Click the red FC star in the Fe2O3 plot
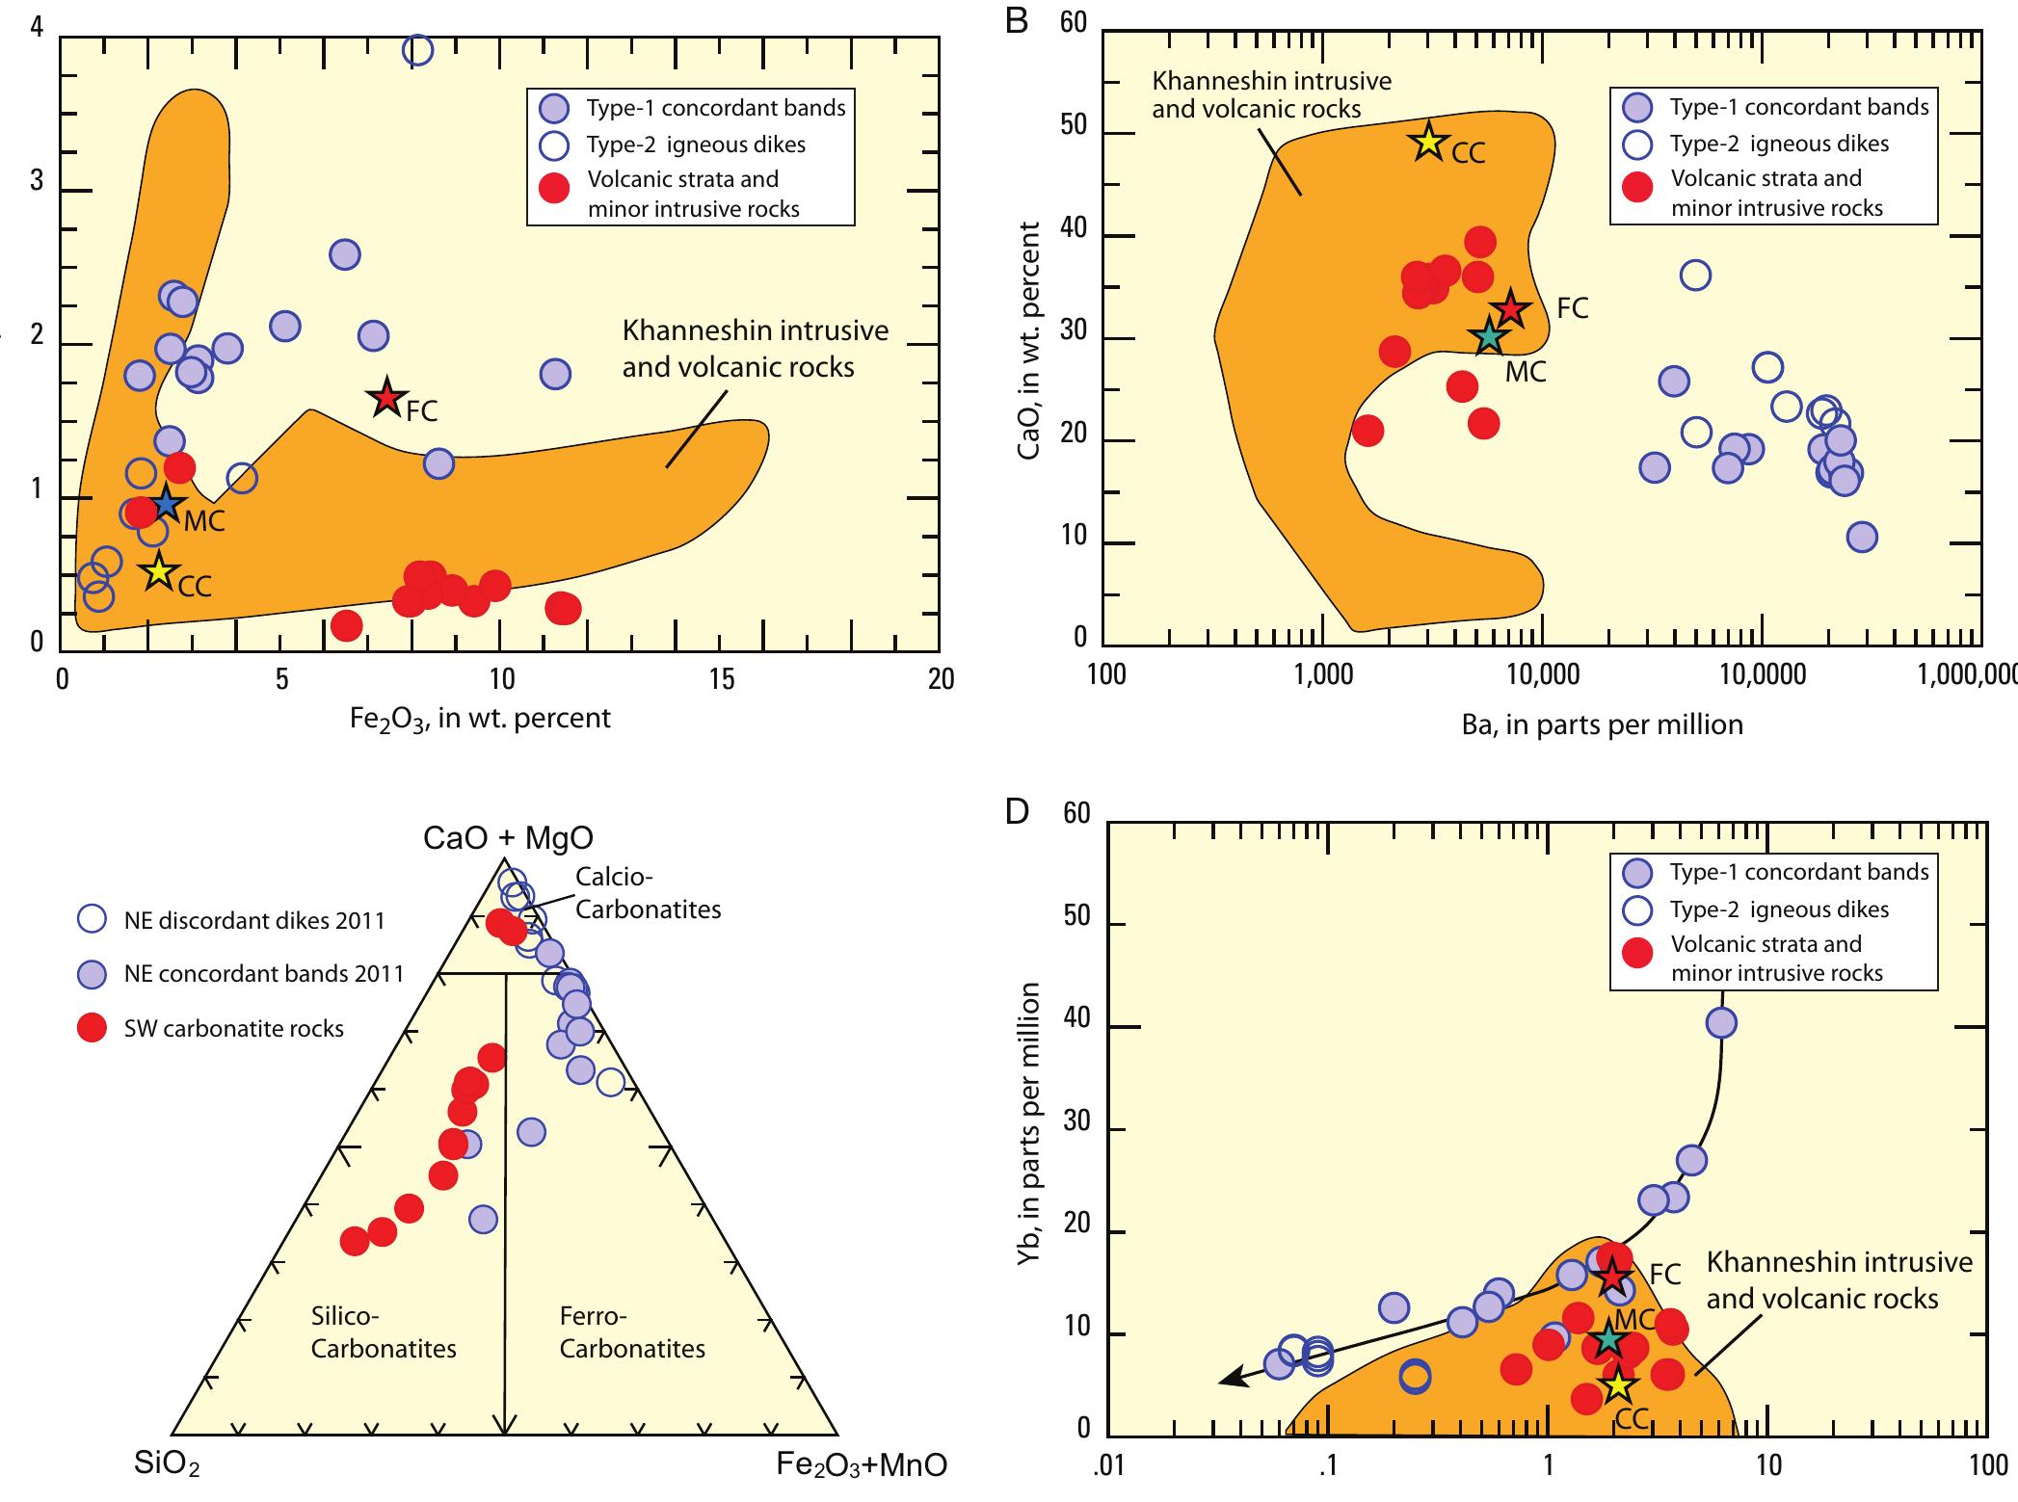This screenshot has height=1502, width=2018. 386,397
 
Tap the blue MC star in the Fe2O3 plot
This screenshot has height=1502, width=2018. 167,503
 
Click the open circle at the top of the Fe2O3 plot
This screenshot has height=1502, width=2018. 417,48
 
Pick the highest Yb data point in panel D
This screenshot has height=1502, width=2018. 1721,1022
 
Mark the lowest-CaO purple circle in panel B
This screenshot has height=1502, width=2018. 1862,537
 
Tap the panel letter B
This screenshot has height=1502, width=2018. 1017,21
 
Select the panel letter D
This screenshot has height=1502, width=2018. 1017,812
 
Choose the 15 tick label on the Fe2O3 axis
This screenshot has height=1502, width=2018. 721,680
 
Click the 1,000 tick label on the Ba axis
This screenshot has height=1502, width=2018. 1325,674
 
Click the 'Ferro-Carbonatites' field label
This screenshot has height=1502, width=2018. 632,1332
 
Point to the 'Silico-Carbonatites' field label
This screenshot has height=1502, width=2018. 384,1332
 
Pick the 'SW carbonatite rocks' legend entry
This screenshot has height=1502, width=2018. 233,1028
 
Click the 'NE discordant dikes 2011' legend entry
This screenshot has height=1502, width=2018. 253,920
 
